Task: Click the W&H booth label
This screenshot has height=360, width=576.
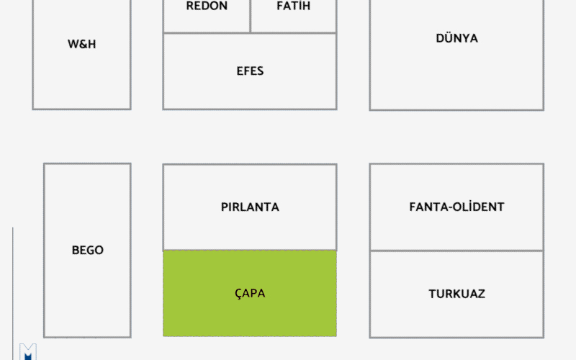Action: coord(81,44)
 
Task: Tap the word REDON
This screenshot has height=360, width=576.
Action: coord(207,6)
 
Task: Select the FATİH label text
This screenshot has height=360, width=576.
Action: coord(294,6)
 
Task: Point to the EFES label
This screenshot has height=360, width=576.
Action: coord(250,71)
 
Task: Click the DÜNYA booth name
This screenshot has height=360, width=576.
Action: coord(456,38)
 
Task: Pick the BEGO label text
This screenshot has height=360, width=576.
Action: coord(87,250)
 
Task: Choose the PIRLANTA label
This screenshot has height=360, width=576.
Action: coord(250,207)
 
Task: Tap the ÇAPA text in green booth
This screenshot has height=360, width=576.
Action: coord(250,294)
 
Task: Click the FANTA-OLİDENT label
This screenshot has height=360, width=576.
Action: coord(456,207)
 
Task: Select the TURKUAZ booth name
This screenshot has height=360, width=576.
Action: coord(456,294)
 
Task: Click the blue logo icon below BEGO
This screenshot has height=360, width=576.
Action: coord(28,352)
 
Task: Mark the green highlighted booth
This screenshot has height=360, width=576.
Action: coord(250,293)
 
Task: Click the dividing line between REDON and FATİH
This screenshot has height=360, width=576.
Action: coord(250,16)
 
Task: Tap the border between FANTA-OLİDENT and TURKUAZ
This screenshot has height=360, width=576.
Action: coord(456,251)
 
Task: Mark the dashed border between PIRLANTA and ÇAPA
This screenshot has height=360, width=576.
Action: coord(250,250)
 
